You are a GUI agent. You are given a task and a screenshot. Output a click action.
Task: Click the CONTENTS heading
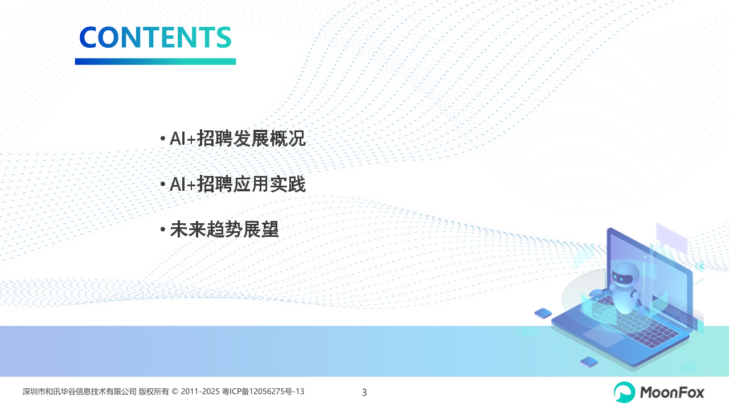[155, 37]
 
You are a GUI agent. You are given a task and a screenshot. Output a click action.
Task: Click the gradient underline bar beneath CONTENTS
[155, 61]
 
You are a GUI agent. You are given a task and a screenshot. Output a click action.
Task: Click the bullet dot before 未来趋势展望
[163, 229]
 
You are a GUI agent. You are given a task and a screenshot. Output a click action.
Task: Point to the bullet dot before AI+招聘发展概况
[163, 138]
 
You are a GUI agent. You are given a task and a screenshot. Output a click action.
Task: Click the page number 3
[364, 392]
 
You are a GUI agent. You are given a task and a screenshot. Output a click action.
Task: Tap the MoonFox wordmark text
[671, 392]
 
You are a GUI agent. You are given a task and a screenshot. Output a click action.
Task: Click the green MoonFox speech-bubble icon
[624, 392]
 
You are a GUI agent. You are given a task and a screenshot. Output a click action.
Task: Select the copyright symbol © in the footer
[175, 391]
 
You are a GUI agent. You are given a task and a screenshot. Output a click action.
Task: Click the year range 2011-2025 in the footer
[200, 391]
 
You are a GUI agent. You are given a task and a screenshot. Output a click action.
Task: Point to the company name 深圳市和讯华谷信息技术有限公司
[79, 391]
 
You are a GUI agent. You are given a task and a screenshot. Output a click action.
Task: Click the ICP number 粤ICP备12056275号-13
[263, 391]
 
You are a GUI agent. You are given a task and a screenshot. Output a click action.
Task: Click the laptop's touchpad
[604, 337]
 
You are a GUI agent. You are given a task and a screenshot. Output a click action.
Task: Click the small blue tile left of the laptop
[543, 313]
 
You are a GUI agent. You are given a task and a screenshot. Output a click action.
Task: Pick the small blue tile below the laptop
[589, 362]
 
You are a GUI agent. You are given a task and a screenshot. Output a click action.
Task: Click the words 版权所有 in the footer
[154, 391]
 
